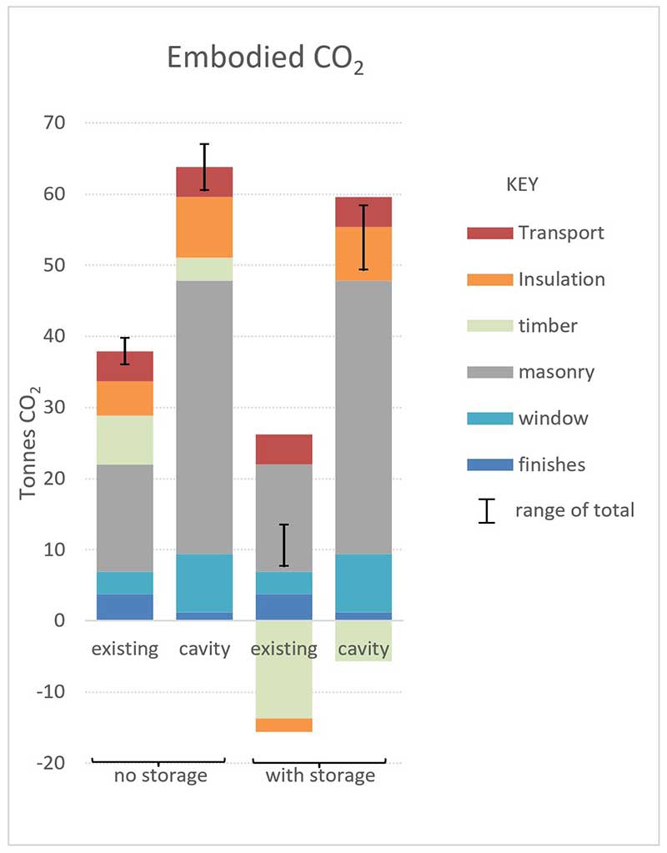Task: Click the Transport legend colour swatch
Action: tap(489, 233)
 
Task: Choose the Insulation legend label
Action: tap(561, 279)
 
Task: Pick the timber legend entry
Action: tap(546, 325)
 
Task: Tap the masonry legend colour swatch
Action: tap(489, 372)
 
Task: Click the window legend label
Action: tap(553, 418)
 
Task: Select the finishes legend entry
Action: tap(551, 464)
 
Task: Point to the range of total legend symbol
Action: tap(487, 511)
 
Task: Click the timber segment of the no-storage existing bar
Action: tap(125, 439)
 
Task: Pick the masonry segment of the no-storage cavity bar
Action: tap(204, 417)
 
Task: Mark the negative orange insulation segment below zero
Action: tap(283, 725)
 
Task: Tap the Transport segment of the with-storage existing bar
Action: tap(283, 449)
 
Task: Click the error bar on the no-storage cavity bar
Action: tap(204, 167)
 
